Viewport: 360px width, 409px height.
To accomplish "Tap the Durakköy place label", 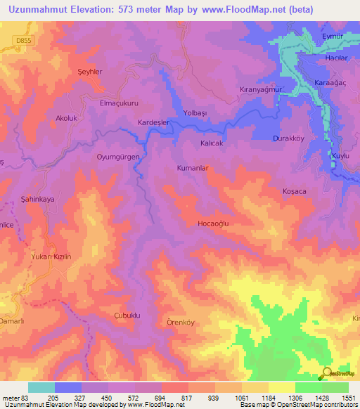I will click(x=288, y=138).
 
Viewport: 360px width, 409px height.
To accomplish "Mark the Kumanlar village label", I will click(x=193, y=169).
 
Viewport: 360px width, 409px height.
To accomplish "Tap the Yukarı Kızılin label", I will click(x=51, y=257).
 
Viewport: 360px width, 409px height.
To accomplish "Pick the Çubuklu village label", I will click(x=127, y=316).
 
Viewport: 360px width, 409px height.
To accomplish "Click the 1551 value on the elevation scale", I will click(x=347, y=397).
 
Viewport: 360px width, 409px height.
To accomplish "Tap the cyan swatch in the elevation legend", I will click(x=41, y=387).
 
